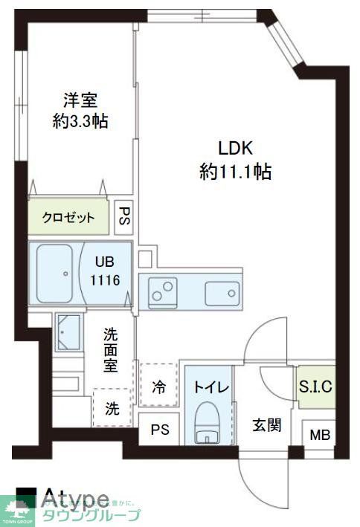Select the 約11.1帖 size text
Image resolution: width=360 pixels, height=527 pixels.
(x=234, y=172)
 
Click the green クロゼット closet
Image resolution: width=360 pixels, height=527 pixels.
(x=68, y=218)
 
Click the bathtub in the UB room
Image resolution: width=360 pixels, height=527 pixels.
(x=55, y=272)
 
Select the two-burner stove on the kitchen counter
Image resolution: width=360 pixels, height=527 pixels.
(x=163, y=291)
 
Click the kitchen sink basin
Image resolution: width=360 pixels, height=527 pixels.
(x=222, y=291)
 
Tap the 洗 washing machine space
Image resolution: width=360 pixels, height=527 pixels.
(x=110, y=408)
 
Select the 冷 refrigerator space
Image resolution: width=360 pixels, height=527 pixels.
(x=158, y=387)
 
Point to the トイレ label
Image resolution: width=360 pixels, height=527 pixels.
(x=210, y=387)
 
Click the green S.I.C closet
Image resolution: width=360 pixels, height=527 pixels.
(x=315, y=387)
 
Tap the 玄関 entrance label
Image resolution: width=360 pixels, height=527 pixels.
(x=266, y=425)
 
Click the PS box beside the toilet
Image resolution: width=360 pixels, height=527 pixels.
(x=159, y=430)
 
